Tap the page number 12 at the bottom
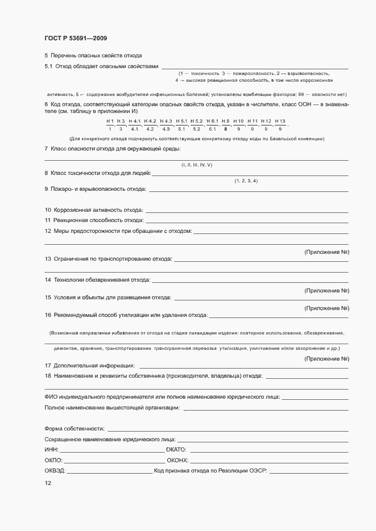coord(48,483)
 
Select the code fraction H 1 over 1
coord(110,125)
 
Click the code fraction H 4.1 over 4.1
coord(135,125)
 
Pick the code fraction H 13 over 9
coord(280,125)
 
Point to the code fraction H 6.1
coord(212,125)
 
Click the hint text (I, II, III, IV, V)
coord(197,165)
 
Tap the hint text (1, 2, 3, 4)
coord(246,181)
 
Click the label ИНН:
coord(51,449)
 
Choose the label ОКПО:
coord(53,460)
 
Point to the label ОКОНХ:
coord(177,460)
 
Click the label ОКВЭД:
coord(55,471)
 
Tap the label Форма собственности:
coord(75,428)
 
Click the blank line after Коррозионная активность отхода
coord(247,211)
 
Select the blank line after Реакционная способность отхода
coord(247,221)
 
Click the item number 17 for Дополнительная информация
coord(48,365)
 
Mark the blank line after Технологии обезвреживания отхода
coord(250,281)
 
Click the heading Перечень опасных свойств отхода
coord(93,56)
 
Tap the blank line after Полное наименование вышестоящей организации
coord(266,408)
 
